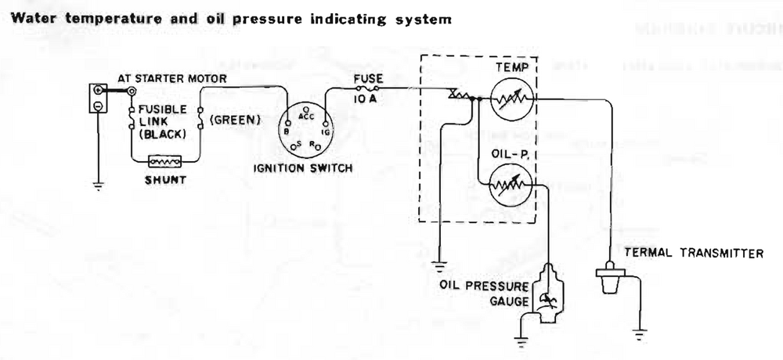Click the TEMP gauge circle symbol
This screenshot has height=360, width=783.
tap(512, 100)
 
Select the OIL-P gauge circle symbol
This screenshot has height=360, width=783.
tap(512, 188)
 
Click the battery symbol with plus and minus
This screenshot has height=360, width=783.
tap(97, 99)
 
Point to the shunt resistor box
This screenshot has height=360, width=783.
tap(165, 162)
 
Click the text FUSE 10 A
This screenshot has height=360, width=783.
tap(368, 85)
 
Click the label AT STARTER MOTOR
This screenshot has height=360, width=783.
tap(172, 78)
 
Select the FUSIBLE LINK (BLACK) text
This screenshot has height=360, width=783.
tap(163, 121)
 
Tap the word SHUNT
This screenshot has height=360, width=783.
tap(165, 180)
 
